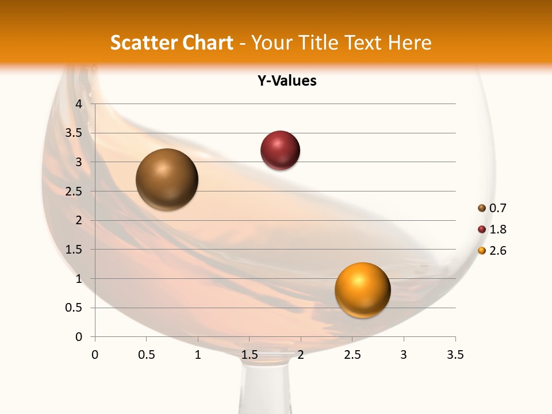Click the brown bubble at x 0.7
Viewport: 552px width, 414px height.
tap(167, 179)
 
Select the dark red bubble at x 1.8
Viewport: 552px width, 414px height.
tap(280, 151)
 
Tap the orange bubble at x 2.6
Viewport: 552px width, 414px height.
tap(362, 290)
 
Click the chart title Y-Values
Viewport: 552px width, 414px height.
tap(287, 80)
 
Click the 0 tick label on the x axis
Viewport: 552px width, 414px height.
tap(95, 355)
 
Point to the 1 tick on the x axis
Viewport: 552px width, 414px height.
tap(198, 355)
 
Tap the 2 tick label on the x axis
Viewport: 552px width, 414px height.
tap(301, 355)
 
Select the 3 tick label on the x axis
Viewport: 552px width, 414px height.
tap(404, 355)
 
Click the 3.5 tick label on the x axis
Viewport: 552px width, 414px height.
tap(455, 355)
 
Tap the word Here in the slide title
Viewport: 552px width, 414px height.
tap(409, 43)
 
